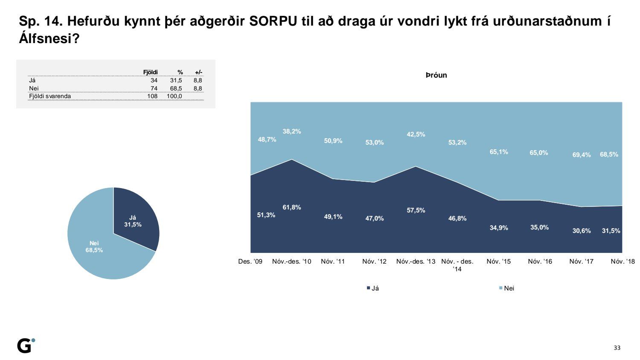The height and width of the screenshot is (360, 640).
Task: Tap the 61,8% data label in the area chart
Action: point(292,208)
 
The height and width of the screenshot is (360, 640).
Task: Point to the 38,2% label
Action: point(292,131)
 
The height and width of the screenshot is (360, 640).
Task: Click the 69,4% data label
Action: point(582,155)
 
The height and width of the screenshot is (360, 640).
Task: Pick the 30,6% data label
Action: point(582,231)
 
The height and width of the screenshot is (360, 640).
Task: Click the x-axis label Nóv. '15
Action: point(498,261)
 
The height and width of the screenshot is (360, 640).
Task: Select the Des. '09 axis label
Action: point(250,261)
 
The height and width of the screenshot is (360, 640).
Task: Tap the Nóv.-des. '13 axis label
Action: point(416,261)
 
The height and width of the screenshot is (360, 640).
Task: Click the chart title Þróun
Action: point(436,75)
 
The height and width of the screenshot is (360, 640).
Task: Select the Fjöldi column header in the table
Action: point(150,72)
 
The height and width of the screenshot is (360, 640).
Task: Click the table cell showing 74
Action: point(154,88)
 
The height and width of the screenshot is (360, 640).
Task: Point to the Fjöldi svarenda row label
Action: point(50,96)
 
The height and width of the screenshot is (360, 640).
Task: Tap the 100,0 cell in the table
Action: point(175,96)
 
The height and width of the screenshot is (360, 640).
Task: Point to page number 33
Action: point(617,348)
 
